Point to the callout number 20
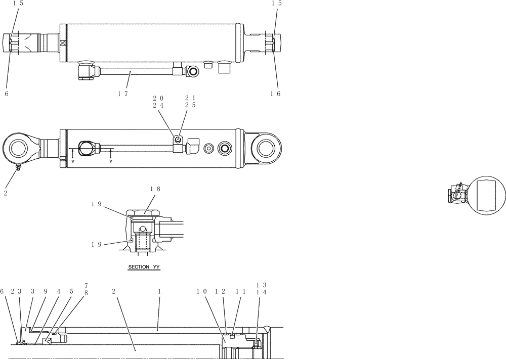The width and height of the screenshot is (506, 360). click(158, 98)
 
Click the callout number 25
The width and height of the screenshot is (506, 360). click(190, 105)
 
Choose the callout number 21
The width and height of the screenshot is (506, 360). click(190, 98)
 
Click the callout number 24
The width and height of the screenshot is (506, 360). click(158, 105)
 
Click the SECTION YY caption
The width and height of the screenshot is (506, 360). click(144, 266)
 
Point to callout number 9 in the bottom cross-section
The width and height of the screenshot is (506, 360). click(45, 292)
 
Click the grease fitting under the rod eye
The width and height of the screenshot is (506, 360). click(17, 168)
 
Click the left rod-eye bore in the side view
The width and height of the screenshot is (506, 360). click(17, 149)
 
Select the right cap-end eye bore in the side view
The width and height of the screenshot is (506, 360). click(267, 149)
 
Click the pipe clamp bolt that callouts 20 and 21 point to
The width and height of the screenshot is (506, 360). click(178, 139)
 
